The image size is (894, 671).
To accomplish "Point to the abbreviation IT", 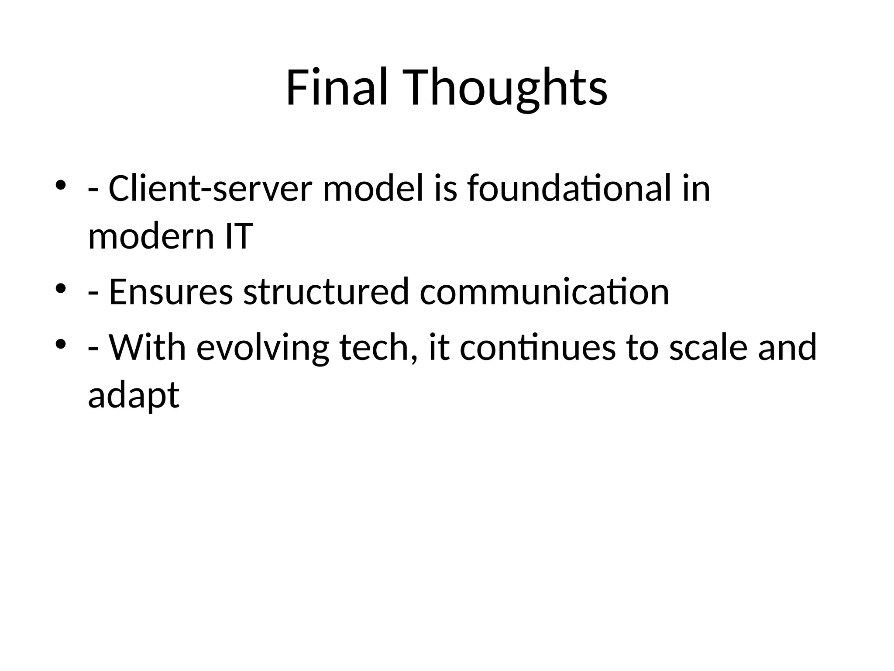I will coord(238,236).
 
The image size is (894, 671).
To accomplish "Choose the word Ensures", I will coord(171,292).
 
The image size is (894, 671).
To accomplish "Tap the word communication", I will coord(544,292).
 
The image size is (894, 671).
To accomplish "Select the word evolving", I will coord(262,348).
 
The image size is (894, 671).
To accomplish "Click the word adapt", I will coord(134,395).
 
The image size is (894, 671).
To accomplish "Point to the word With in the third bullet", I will coord(147,348).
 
